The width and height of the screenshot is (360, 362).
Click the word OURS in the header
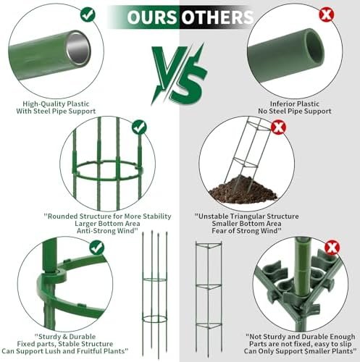pos(152,17)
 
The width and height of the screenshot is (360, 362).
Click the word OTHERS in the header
pos(217,17)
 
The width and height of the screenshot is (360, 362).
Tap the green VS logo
pos(179,75)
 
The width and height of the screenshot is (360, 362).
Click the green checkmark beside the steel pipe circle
pos(88,14)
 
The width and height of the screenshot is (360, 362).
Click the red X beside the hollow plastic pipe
pos(327,14)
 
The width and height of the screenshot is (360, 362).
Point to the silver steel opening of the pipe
pos(78,49)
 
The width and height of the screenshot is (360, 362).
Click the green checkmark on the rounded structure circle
pos(139,127)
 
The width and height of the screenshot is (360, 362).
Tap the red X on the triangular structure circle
pos(278,127)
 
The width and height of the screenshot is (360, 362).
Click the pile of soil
pos(243,190)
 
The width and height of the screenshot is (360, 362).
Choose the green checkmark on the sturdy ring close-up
pos(97,248)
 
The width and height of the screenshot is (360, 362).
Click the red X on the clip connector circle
pos(332,248)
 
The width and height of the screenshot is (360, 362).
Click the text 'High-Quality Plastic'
pos(56,104)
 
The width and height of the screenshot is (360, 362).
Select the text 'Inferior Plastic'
pos(295,104)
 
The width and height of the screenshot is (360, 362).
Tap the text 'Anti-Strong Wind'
pos(107,231)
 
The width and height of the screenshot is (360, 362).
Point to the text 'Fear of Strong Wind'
pos(246,231)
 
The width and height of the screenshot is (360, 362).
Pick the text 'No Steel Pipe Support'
pos(295,111)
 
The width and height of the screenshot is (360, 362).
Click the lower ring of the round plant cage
pos(154,319)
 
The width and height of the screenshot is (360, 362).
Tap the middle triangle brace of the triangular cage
pos(209,287)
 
